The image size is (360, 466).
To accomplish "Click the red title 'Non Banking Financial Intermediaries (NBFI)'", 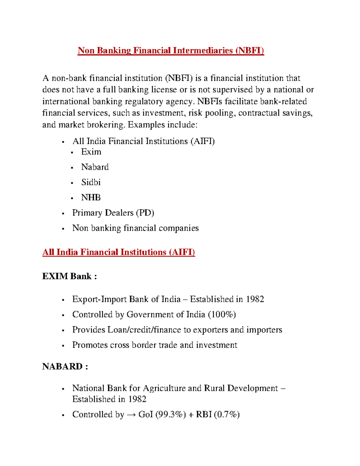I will coord(171,50).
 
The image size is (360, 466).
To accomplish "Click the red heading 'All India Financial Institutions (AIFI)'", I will coord(118,252).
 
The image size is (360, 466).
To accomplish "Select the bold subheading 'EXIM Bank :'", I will coord(70,276).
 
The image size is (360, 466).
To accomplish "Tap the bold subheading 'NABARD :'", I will coord(65,366).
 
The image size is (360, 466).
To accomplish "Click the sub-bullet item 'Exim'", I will coord(91,152).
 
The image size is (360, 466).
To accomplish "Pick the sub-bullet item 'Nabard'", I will coord(95,167).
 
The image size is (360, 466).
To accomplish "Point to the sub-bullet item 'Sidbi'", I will coord(91,182).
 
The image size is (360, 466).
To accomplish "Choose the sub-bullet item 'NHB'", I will coord(91,197).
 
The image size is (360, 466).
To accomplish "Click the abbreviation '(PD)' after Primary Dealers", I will coord(145,213).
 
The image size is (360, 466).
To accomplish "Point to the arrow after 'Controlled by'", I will coord(131,415).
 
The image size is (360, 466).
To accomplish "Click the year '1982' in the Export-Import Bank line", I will coord(255,299).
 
